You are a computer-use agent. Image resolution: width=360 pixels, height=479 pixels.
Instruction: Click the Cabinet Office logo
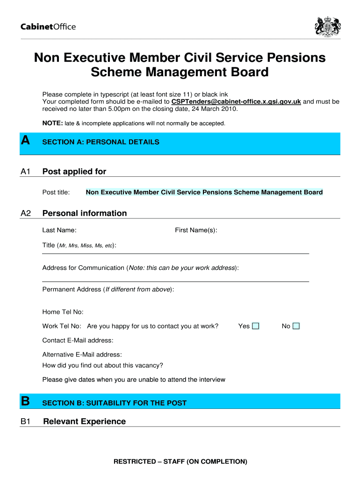click(x=48, y=27)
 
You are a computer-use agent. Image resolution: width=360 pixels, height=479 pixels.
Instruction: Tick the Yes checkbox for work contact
click(x=255, y=326)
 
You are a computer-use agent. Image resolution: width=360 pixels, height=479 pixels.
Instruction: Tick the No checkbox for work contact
click(x=296, y=326)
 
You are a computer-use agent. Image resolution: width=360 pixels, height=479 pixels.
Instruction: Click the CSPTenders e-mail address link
click(x=236, y=102)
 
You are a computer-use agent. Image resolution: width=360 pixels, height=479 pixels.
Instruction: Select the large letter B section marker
click(x=26, y=401)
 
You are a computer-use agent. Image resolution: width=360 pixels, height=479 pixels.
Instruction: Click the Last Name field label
click(x=59, y=230)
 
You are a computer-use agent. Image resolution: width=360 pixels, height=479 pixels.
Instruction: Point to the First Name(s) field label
click(x=196, y=230)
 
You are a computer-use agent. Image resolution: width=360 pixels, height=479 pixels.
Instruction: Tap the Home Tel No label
click(x=63, y=312)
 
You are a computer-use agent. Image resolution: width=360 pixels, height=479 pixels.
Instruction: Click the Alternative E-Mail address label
click(x=82, y=355)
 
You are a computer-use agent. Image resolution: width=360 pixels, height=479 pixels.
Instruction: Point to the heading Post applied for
click(x=74, y=172)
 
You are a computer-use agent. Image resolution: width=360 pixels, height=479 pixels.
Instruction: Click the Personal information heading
click(x=85, y=213)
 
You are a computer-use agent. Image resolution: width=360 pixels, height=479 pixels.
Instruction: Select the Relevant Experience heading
click(x=84, y=421)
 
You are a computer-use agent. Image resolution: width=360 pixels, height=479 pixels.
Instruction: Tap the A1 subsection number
click(x=26, y=172)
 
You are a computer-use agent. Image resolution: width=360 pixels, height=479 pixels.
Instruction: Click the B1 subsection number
click(x=26, y=422)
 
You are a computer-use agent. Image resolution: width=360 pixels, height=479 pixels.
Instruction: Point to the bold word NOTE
click(x=50, y=123)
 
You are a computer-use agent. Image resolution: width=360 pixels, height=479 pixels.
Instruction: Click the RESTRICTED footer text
click(x=180, y=462)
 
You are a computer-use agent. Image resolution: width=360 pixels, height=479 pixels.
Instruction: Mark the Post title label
click(x=56, y=192)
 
